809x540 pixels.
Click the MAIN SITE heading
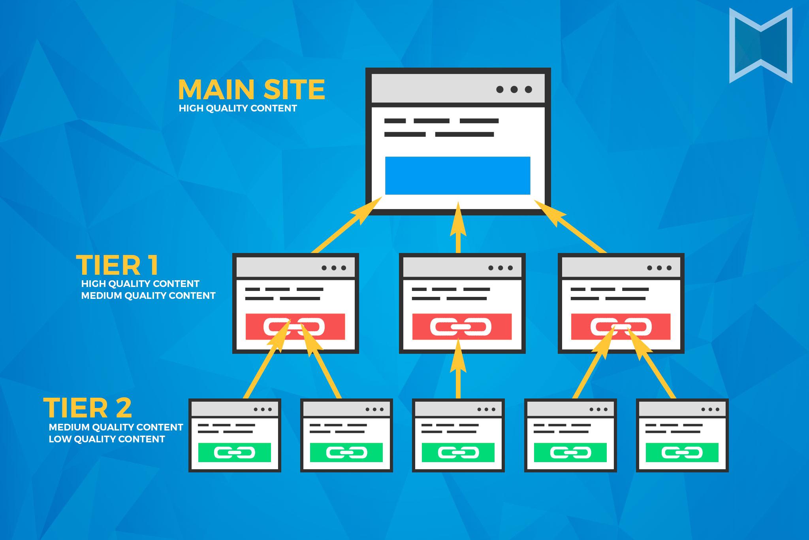pos(251,89)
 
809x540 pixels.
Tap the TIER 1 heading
pos(118,265)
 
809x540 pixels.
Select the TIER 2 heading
pos(88,408)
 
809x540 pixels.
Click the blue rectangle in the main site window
pos(457,176)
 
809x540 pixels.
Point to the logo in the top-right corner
pos(760,45)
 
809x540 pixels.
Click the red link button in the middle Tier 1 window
pos(462,327)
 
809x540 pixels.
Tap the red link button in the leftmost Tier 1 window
pos(295,327)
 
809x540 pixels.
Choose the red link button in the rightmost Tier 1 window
pos(621,327)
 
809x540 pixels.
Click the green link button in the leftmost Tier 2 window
pos(234,453)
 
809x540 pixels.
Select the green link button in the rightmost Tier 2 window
pos(682,453)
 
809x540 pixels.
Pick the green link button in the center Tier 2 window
pos(458,453)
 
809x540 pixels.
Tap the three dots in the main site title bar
pos(514,89)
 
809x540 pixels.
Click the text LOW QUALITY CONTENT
pos(107,439)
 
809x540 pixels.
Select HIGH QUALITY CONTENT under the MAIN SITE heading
pos(237,108)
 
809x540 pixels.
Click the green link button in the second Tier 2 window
pos(346,453)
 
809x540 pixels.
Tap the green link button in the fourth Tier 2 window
pos(570,453)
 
